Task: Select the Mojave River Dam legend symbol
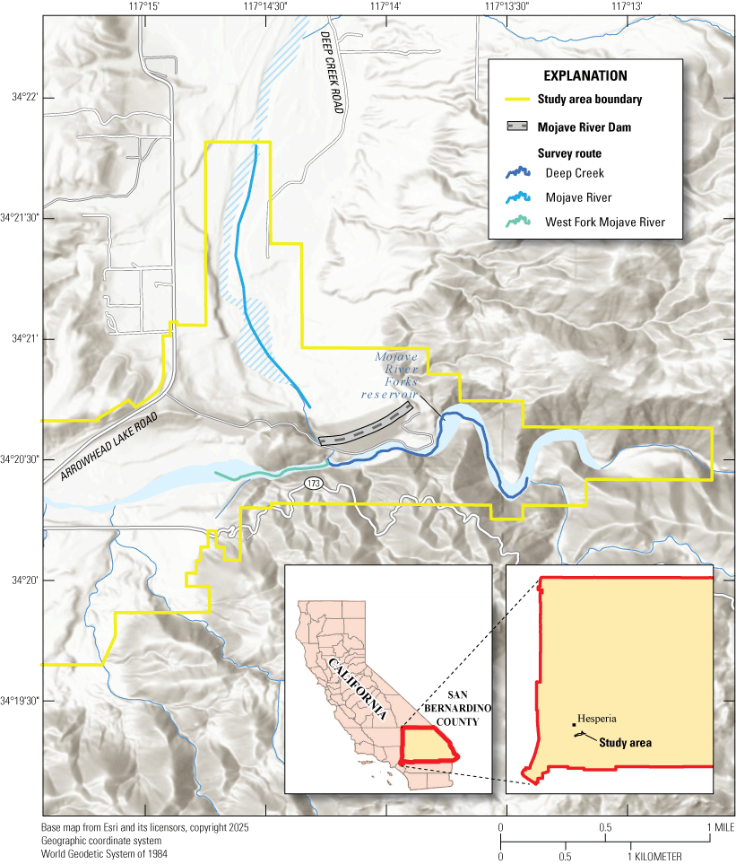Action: click(x=516, y=127)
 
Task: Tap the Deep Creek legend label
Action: click(x=575, y=173)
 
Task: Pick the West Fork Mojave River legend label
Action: click(x=605, y=222)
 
